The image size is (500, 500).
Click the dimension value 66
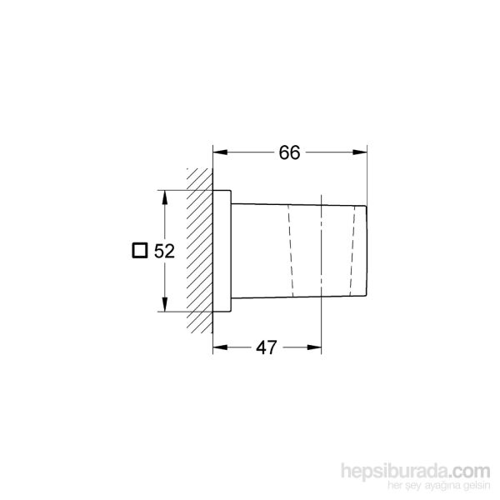pos(289,152)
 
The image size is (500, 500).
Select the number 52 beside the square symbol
pos(164,251)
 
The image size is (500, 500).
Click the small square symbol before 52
pos(141,251)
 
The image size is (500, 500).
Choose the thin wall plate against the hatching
pos(222,251)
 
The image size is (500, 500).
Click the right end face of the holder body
pos(367,250)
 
